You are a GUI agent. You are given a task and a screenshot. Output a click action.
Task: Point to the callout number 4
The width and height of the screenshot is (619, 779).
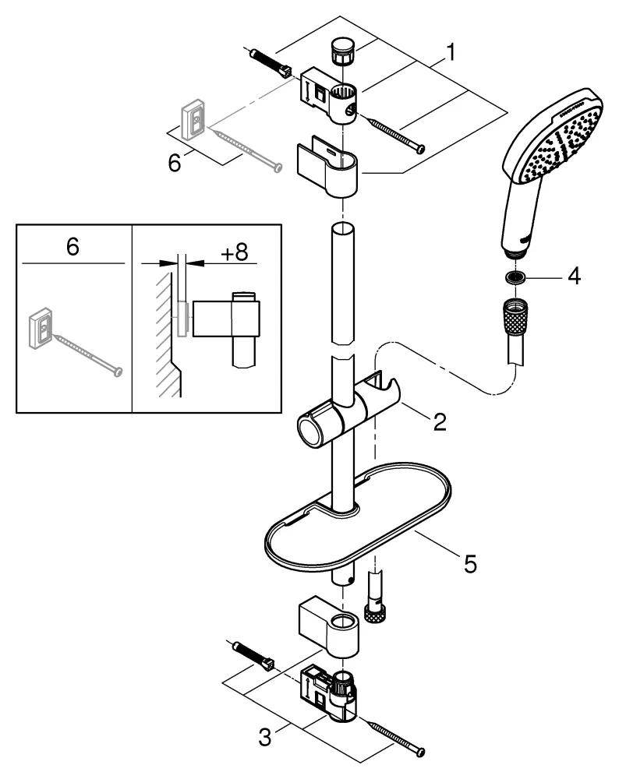tap(573, 276)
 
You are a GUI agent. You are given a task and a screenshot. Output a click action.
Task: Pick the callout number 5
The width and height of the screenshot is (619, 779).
tap(469, 562)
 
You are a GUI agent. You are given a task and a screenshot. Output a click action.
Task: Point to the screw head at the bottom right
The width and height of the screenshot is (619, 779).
tap(420, 752)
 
